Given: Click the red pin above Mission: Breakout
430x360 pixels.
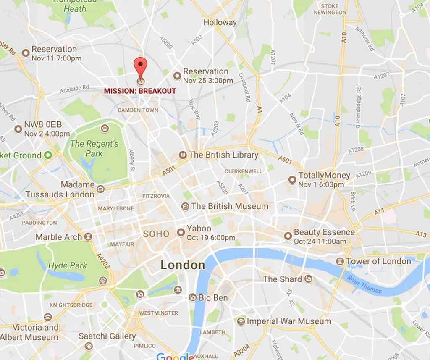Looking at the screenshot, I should click(141, 66).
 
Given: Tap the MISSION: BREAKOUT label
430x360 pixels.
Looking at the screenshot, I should click(140, 91).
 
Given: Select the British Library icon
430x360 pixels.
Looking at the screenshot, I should click(183, 155).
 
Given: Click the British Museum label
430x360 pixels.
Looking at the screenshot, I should click(230, 206).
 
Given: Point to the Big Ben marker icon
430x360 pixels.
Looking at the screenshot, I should click(193, 298).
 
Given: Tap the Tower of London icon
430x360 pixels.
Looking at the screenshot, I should click(340, 262).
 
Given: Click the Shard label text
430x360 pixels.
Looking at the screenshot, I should click(282, 279).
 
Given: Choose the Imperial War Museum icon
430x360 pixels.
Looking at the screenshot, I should click(241, 321).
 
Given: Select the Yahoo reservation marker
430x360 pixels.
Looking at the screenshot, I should click(181, 232).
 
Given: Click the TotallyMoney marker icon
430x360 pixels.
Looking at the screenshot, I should click(292, 179).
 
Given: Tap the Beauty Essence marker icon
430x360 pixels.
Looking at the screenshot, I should click(288, 236).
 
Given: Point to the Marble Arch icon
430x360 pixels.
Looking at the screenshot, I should click(88, 237).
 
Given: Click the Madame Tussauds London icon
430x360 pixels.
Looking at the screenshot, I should click(100, 189).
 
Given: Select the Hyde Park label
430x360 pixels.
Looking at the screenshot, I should click(68, 265).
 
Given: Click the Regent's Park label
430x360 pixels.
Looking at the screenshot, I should click(94, 148).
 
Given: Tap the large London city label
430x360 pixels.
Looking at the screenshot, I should click(183, 265).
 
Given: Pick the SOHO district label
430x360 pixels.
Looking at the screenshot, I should click(156, 234).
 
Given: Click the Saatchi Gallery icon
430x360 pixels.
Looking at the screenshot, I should click(88, 346).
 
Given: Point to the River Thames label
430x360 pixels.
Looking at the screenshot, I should click(364, 284).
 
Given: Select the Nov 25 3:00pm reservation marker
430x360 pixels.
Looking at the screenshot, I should click(177, 76).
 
